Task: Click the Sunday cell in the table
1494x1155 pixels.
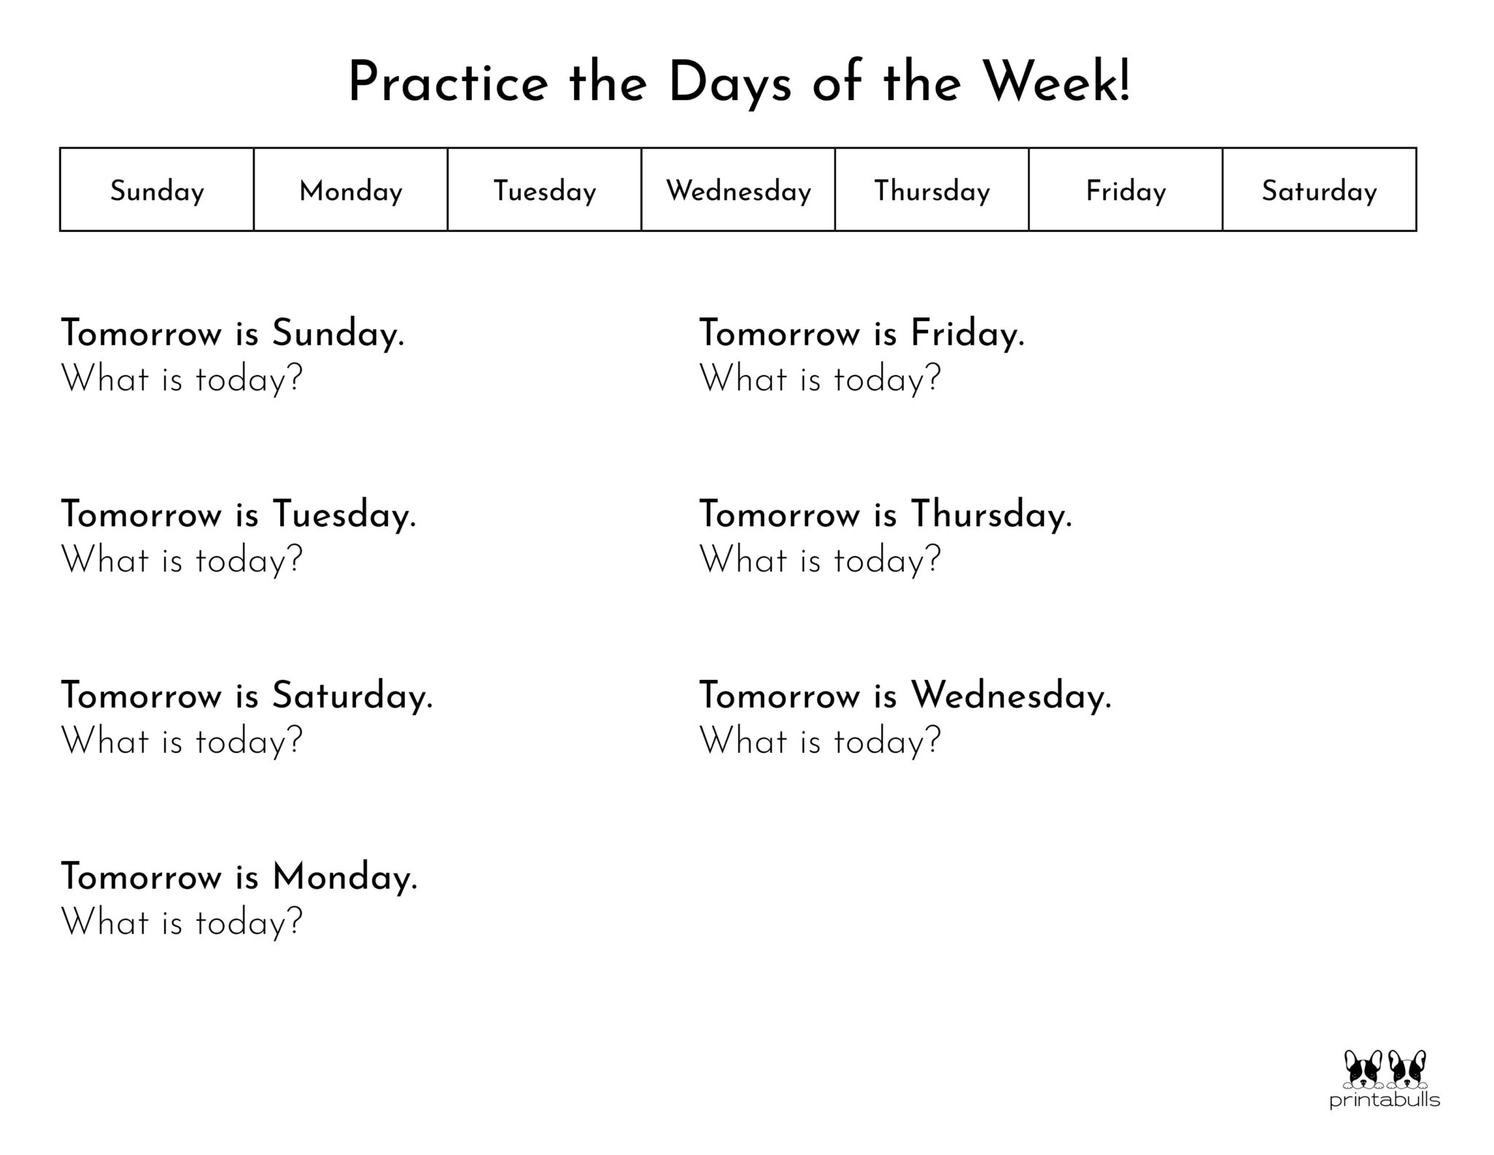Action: pyautogui.click(x=157, y=190)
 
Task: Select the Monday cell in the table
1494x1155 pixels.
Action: pyautogui.click(x=351, y=190)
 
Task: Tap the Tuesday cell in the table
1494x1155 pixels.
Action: pyautogui.click(x=545, y=190)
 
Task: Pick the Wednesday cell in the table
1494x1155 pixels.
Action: pyautogui.click(x=738, y=190)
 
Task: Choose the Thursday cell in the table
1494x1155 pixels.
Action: pyautogui.click(x=932, y=190)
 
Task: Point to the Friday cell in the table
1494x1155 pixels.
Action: pyautogui.click(x=1126, y=190)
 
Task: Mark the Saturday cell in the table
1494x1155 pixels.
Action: pyautogui.click(x=1319, y=190)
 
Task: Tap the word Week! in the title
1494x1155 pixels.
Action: pyautogui.click(x=1057, y=82)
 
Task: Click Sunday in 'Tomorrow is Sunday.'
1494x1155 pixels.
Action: pyautogui.click(x=336, y=334)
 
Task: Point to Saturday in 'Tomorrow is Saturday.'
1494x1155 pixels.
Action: pyautogui.click(x=351, y=696)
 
